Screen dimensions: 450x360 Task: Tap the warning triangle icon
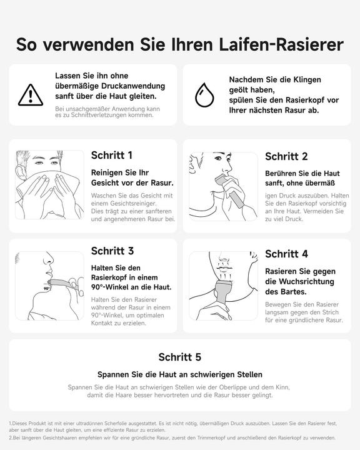point(31,95)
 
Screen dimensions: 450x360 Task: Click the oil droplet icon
point(204,95)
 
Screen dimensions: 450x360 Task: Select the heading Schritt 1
point(111,155)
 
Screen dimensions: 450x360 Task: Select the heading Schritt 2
point(286,156)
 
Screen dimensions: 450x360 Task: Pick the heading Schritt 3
point(112,251)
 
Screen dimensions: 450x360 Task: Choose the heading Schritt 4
point(286,254)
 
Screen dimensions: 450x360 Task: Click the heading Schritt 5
point(179,357)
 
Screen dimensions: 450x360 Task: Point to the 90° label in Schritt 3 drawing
point(47,288)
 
